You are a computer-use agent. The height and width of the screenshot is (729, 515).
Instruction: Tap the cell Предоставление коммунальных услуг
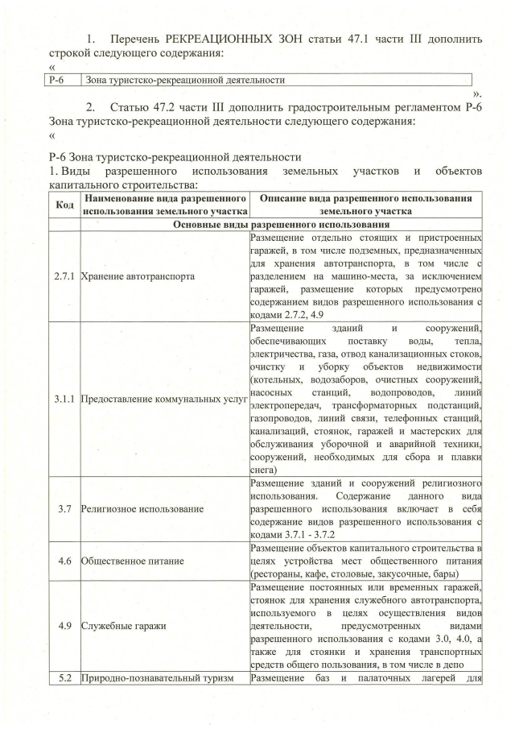[162, 398]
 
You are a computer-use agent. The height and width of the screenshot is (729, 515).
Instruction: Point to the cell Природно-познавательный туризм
[157, 677]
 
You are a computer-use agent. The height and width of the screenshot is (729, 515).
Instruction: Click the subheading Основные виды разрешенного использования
[281, 225]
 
